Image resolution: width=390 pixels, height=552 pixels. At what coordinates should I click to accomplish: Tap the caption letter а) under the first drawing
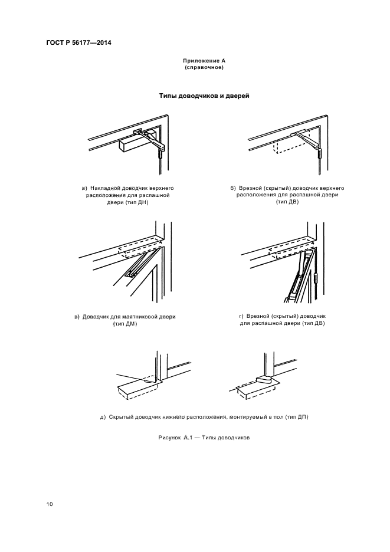click(x=84, y=188)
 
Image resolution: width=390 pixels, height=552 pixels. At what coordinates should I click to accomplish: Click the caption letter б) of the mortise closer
click(x=234, y=188)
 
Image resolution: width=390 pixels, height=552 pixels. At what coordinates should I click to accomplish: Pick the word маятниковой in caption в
click(x=137, y=317)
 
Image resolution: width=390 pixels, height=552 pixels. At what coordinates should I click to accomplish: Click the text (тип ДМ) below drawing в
click(x=124, y=324)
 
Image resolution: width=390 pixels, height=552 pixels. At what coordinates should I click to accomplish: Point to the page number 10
click(x=50, y=504)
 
